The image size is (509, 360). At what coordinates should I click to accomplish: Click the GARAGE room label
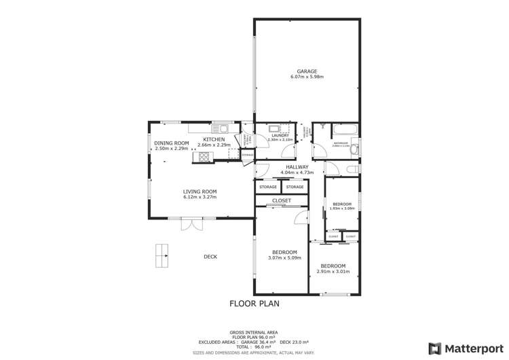[x=306, y=71]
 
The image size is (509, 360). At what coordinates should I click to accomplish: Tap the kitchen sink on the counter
[x=221, y=129]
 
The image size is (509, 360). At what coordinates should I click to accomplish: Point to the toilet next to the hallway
[x=351, y=169]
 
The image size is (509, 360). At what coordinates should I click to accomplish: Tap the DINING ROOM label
[x=171, y=143]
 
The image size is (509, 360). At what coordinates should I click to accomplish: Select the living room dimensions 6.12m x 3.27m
[x=199, y=197]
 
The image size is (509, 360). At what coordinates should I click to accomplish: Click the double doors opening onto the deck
[x=191, y=223]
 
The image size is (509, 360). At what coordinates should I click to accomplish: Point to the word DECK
[x=210, y=256]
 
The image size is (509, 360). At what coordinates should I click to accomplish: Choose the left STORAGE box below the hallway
[x=267, y=187]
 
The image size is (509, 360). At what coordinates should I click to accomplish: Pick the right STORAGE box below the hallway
[x=295, y=187]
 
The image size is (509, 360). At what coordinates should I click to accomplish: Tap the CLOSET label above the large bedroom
[x=281, y=200]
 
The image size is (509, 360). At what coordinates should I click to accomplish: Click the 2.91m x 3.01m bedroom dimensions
[x=333, y=272]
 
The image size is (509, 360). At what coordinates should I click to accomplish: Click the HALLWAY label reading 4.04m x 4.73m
[x=297, y=173]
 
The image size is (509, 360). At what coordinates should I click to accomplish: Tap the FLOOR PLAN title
[x=254, y=304]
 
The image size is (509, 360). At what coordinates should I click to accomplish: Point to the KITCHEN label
[x=214, y=139]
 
